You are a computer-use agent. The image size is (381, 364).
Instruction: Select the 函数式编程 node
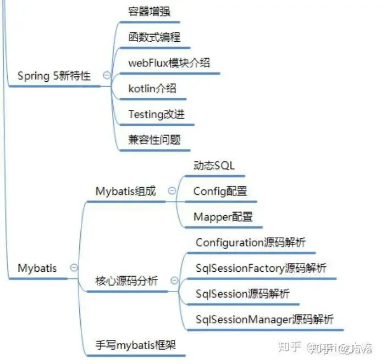154,37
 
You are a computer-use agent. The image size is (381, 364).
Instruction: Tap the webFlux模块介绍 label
169,63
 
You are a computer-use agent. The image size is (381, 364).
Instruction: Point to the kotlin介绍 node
152,88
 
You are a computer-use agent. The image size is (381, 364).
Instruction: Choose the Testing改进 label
156,114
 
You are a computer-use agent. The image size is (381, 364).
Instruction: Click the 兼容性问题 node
154,139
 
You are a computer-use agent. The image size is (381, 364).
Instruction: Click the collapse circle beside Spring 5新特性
107,76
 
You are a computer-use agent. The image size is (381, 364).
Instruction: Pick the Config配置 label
220,191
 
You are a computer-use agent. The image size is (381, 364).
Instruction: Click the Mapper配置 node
223,217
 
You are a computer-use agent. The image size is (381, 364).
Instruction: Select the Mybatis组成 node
126,191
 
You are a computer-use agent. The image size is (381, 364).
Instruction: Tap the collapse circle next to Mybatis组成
172,191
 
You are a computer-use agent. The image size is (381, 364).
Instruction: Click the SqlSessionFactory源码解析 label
261,268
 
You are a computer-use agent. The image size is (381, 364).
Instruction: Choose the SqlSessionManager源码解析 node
264,319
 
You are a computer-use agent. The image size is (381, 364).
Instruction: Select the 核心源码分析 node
126,281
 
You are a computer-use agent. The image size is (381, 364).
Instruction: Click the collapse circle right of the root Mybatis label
74,268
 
